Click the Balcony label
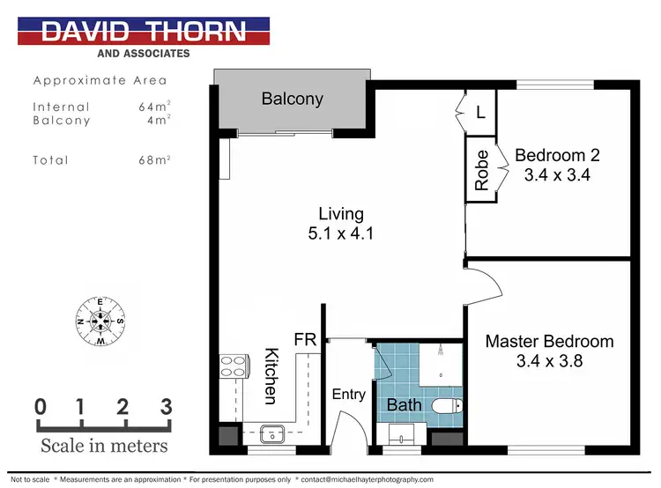coord(293,99)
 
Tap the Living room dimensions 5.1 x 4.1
coord(340,235)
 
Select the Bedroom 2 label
coord(557,155)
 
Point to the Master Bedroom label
coord(549,341)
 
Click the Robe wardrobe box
coord(482,171)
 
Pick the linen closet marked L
coord(479,114)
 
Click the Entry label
coord(348,394)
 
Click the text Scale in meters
coord(103,445)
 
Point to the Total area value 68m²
coord(155,160)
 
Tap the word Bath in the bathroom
coord(405,405)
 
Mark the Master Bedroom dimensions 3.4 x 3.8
coord(549,360)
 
